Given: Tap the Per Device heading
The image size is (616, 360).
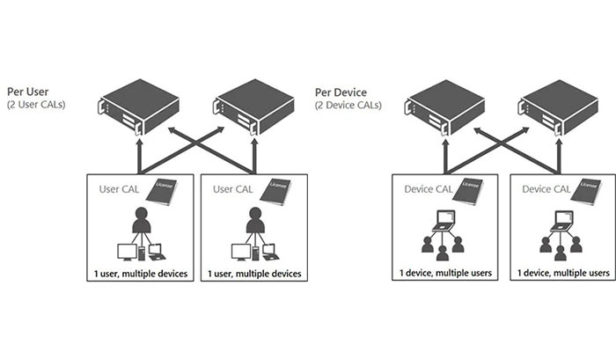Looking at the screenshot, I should pyautogui.click(x=342, y=92).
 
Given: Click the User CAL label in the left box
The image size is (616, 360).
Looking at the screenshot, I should pyautogui.click(x=117, y=188).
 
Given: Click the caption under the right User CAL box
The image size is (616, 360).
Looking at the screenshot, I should pyautogui.click(x=253, y=274).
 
